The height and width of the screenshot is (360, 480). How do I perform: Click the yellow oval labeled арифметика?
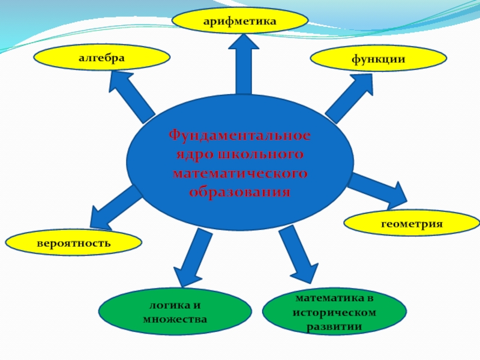pos(239,21)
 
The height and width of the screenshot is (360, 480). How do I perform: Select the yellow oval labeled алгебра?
pos(101,58)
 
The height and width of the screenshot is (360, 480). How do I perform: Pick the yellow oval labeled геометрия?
pos(411,223)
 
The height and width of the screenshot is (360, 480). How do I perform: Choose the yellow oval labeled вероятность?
pos(73,243)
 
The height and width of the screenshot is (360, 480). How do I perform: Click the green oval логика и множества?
pos(175,313)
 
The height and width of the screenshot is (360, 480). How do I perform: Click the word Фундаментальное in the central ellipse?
pos(239,135)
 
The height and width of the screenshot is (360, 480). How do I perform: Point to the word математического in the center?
pos(239,174)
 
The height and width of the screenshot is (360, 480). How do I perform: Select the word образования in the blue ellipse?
pos(239,193)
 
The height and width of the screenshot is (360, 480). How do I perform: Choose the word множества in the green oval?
pos(175,320)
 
